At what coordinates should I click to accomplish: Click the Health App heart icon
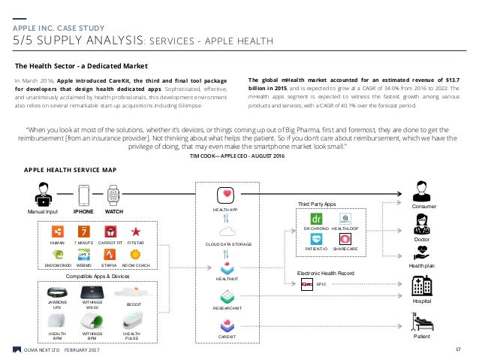coord(227,195)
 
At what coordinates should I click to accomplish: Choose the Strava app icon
coord(110,254)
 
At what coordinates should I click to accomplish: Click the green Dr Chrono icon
coord(315,219)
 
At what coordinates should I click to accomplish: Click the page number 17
coord(457,349)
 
